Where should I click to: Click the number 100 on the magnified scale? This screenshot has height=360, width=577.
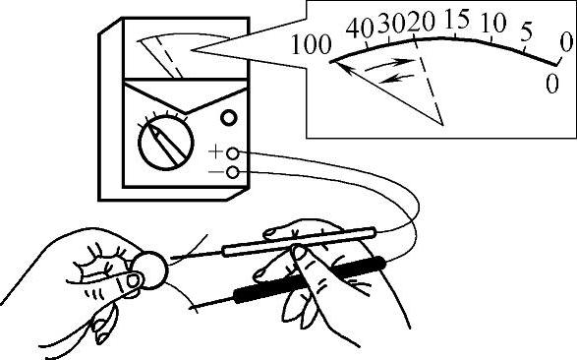coord(311,43)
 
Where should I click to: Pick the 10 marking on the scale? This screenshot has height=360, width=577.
coord(493,23)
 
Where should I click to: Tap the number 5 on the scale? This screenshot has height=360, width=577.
coord(527,30)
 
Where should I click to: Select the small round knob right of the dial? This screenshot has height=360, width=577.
coord(229,118)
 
